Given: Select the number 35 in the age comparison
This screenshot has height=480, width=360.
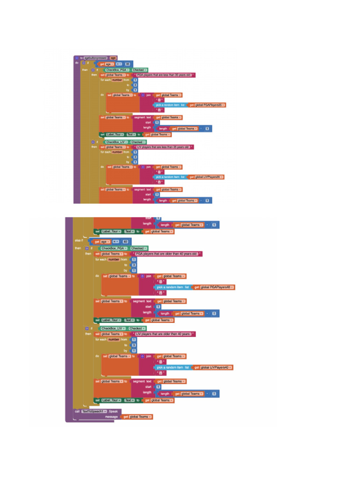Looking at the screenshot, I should point(127,64).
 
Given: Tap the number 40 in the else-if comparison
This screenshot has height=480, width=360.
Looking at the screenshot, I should point(125,242).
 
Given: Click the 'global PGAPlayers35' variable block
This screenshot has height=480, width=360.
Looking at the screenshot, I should point(210,105).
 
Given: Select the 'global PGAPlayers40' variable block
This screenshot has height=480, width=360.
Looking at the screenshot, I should point(217,287).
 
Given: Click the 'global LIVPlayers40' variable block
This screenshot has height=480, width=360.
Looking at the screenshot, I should point(216,367).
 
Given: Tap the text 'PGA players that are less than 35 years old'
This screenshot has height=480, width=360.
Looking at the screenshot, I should point(164,75).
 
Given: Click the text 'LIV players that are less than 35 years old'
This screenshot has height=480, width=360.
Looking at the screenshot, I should point(163,147).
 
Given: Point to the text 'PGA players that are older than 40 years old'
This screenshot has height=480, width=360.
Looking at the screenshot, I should point(167,254).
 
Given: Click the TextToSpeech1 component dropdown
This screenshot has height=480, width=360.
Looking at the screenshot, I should point(92,411).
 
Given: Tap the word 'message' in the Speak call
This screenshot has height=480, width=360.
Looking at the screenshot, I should point(111,417).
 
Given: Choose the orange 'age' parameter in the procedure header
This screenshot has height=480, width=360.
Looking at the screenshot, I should point(113,58).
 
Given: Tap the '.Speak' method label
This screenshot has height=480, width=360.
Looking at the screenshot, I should point(107,411).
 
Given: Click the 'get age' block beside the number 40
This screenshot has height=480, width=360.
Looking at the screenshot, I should point(103,242).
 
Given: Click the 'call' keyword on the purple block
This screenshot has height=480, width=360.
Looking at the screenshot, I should point(77,411).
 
